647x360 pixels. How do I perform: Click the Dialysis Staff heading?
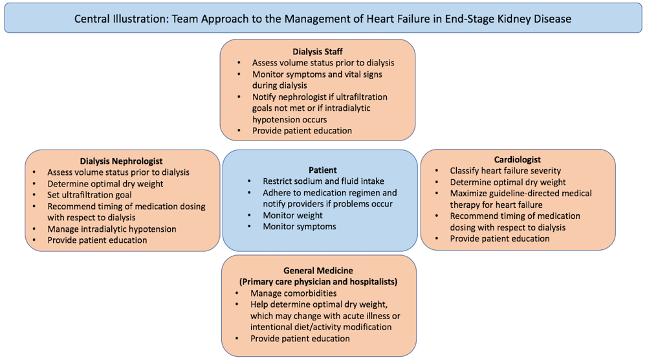click(x=317, y=51)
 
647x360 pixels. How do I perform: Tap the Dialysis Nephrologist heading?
click(x=121, y=161)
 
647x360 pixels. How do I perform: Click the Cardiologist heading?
click(x=517, y=159)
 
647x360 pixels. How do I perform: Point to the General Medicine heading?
click(x=318, y=270)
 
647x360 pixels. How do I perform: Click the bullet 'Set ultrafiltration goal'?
click(x=89, y=195)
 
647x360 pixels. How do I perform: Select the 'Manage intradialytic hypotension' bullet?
click(x=111, y=229)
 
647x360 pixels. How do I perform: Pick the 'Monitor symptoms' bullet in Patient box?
click(x=300, y=227)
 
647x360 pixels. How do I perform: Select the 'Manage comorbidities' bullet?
click(x=294, y=293)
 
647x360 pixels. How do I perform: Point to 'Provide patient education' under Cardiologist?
click(x=499, y=238)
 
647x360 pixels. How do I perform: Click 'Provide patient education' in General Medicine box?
click(x=300, y=338)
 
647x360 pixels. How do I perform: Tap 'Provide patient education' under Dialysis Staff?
click(x=302, y=130)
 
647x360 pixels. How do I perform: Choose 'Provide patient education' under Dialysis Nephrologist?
click(x=97, y=240)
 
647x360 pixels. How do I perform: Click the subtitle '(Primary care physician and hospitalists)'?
click(x=318, y=281)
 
